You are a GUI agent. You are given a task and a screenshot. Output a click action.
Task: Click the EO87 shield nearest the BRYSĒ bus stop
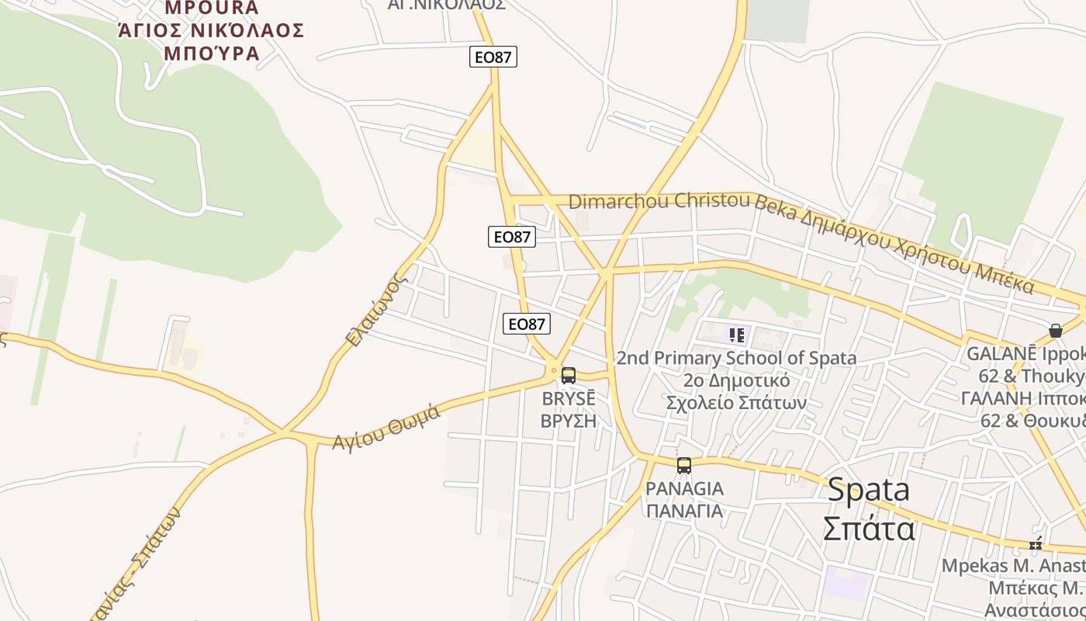pyautogui.click(x=527, y=324)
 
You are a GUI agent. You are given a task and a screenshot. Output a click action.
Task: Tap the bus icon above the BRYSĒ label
pyautogui.click(x=569, y=376)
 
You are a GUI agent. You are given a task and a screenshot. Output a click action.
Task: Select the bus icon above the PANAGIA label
pyautogui.click(x=683, y=466)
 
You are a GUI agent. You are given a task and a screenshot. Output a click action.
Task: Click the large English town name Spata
pyautogui.click(x=868, y=490)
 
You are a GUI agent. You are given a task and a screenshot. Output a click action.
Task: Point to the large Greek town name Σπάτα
pyautogui.click(x=868, y=529)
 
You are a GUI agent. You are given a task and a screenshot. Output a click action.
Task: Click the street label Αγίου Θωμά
pyautogui.click(x=386, y=427)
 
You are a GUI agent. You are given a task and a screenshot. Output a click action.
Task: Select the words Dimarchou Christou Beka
pyautogui.click(x=660, y=201)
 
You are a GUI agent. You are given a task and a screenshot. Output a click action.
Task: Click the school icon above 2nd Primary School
pyautogui.click(x=736, y=335)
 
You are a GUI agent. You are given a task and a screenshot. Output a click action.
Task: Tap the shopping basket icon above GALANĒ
pyautogui.click(x=1055, y=331)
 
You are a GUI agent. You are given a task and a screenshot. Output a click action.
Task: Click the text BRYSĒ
pyautogui.click(x=569, y=399)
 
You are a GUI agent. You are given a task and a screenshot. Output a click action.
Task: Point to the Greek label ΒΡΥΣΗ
pyautogui.click(x=569, y=421)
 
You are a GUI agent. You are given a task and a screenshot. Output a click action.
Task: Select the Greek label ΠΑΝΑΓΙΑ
pyautogui.click(x=684, y=511)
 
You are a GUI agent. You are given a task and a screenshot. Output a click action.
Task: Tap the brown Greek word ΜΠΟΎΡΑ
pyautogui.click(x=211, y=53)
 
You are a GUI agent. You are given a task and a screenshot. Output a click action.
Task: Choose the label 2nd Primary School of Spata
pyautogui.click(x=736, y=358)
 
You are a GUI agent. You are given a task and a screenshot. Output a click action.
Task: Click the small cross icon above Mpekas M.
pyautogui.click(x=1035, y=544)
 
